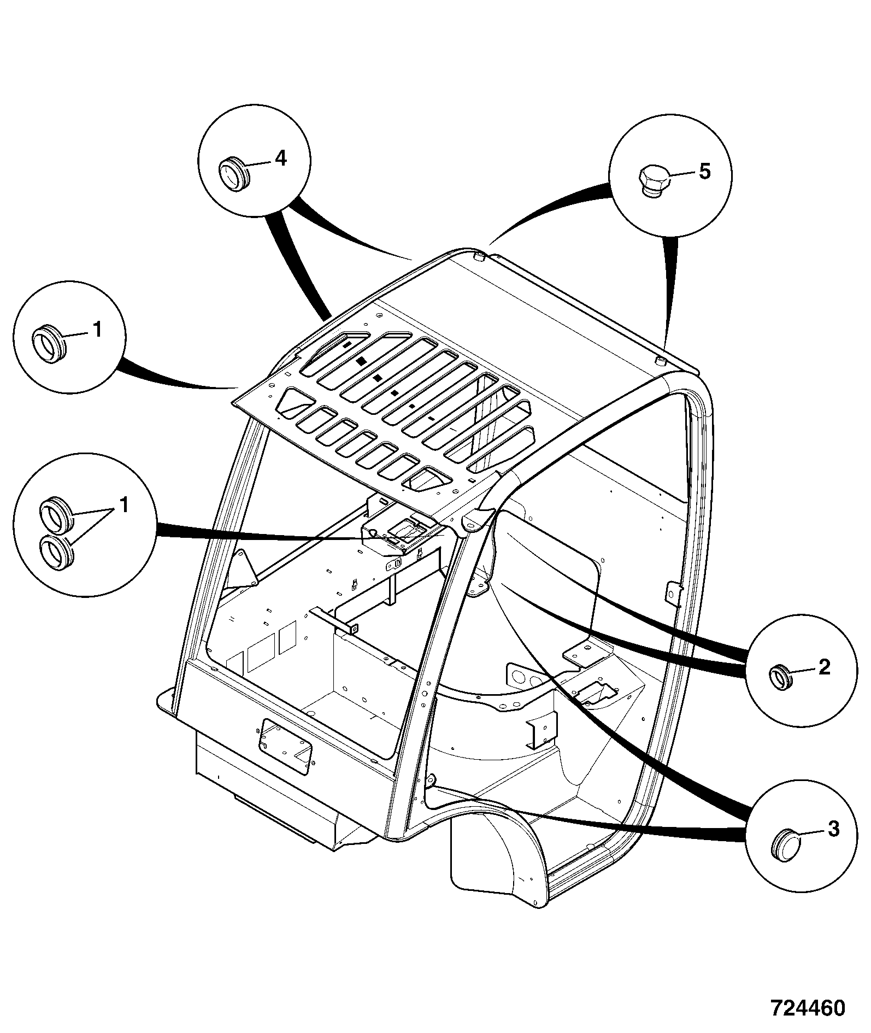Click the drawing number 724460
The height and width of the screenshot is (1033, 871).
(808, 1008)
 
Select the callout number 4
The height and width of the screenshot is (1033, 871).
(280, 159)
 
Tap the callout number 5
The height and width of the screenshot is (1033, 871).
(705, 172)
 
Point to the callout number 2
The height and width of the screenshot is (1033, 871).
(824, 667)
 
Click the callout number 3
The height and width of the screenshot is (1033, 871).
(832, 829)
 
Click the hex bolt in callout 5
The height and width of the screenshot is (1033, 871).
(652, 181)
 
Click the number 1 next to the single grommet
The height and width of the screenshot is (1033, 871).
(97, 330)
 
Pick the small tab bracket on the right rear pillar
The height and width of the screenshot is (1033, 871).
(673, 595)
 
